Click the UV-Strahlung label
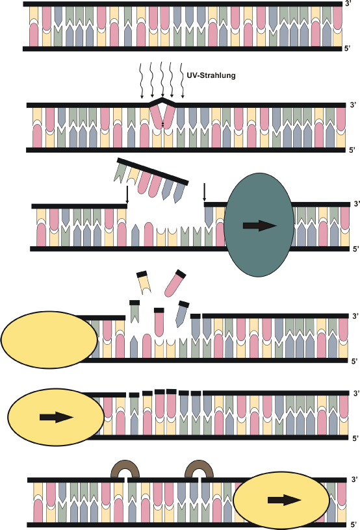211,75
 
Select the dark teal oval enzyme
259,225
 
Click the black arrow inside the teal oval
260,225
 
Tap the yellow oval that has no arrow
49,340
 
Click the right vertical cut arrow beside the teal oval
204,193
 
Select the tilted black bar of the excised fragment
153,171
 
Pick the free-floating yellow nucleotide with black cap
144,282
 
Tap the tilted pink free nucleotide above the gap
175,283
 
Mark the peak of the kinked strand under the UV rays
163,99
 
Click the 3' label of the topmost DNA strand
349,4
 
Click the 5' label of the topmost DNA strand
348,49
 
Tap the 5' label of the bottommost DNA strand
354,525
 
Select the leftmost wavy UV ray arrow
142,81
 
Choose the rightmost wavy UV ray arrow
181,81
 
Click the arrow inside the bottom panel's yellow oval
284,500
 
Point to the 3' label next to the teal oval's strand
357,204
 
